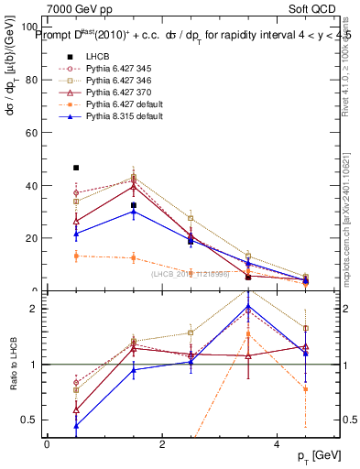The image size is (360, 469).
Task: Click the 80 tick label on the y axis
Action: click(34, 80)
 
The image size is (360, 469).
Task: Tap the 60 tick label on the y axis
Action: click(34, 133)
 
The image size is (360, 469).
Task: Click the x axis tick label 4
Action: click(278, 444)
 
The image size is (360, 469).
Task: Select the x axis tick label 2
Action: click(162, 444)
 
